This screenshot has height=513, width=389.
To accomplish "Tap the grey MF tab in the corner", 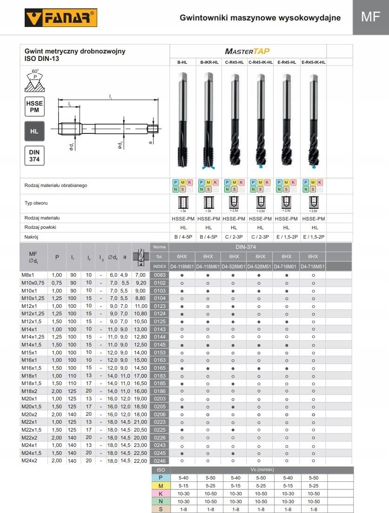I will click(370, 17).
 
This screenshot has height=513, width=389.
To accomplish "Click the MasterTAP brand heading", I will click(247, 51).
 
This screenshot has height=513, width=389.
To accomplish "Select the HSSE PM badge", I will click(34, 107).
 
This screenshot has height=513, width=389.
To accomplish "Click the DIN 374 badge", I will click(34, 156).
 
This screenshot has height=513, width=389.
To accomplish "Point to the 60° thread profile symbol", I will click(35, 80).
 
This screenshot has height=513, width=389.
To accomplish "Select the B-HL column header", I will click(182, 62).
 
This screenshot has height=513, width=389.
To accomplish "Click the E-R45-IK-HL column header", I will click(313, 62).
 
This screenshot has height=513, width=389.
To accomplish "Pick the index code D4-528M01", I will click(235, 266).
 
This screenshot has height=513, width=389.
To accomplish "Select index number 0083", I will click(159, 275).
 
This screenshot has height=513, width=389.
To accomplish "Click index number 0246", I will click(159, 461).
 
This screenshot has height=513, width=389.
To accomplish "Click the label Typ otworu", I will click(36, 203).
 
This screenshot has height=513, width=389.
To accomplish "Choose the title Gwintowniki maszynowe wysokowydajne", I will click(260, 18).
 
